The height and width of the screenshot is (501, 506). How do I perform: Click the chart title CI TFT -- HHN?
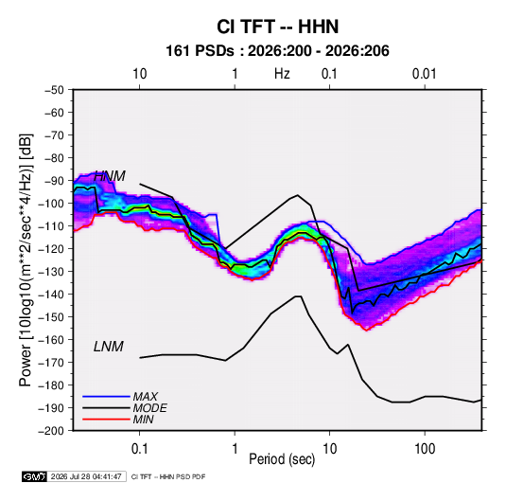pos(277,27)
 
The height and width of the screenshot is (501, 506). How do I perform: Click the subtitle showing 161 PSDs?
pos(277,51)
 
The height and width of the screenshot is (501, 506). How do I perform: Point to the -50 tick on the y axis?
pos(54,90)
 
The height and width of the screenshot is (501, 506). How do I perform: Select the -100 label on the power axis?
pos(52,204)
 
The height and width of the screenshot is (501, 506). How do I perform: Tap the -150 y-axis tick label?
pos(52,317)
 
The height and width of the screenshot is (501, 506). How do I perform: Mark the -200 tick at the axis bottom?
pos(52,431)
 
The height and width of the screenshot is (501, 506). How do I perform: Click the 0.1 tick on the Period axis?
pos(139,449)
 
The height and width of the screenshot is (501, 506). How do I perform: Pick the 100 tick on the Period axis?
pos(425,449)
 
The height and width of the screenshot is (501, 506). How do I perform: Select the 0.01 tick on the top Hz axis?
pos(425,74)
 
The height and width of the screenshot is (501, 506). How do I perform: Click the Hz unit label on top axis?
pos(282,74)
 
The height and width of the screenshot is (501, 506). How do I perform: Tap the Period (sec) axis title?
pos(282,459)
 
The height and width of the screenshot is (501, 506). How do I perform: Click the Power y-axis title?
pos(26,260)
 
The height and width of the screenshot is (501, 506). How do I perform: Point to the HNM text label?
pos(110,176)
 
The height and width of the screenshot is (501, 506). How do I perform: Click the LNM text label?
pos(109,347)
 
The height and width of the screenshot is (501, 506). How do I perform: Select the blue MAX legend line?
pos(106,396)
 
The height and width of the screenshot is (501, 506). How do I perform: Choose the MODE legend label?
pos(150,408)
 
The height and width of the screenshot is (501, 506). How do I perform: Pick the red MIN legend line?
pos(106,420)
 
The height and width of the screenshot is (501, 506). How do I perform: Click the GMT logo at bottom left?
pos(35,476)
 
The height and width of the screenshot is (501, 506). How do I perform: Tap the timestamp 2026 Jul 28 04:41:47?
pos(86,476)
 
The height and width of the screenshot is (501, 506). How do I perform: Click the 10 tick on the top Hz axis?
pos(140,74)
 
